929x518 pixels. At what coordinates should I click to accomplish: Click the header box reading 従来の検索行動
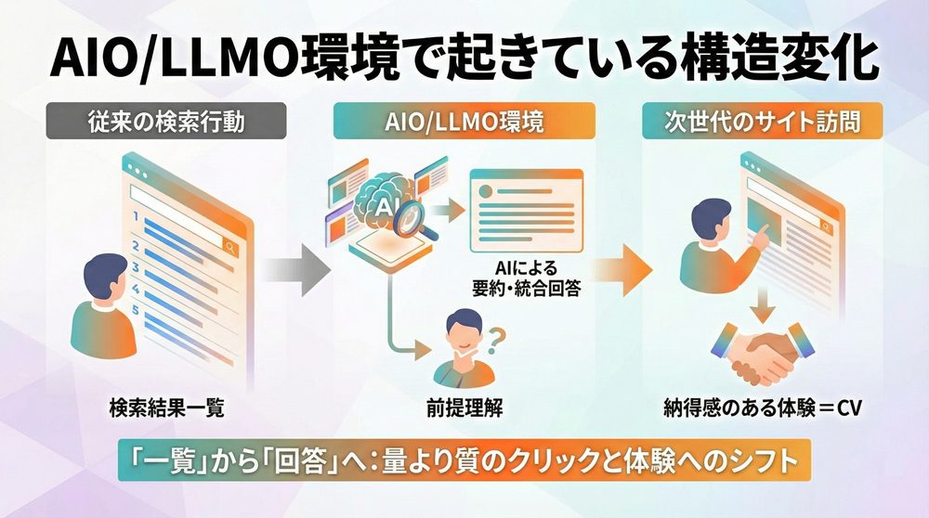tap(152, 122)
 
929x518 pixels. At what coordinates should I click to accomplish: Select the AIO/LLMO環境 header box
tap(464, 122)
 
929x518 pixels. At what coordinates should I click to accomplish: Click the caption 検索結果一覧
tap(152, 407)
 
